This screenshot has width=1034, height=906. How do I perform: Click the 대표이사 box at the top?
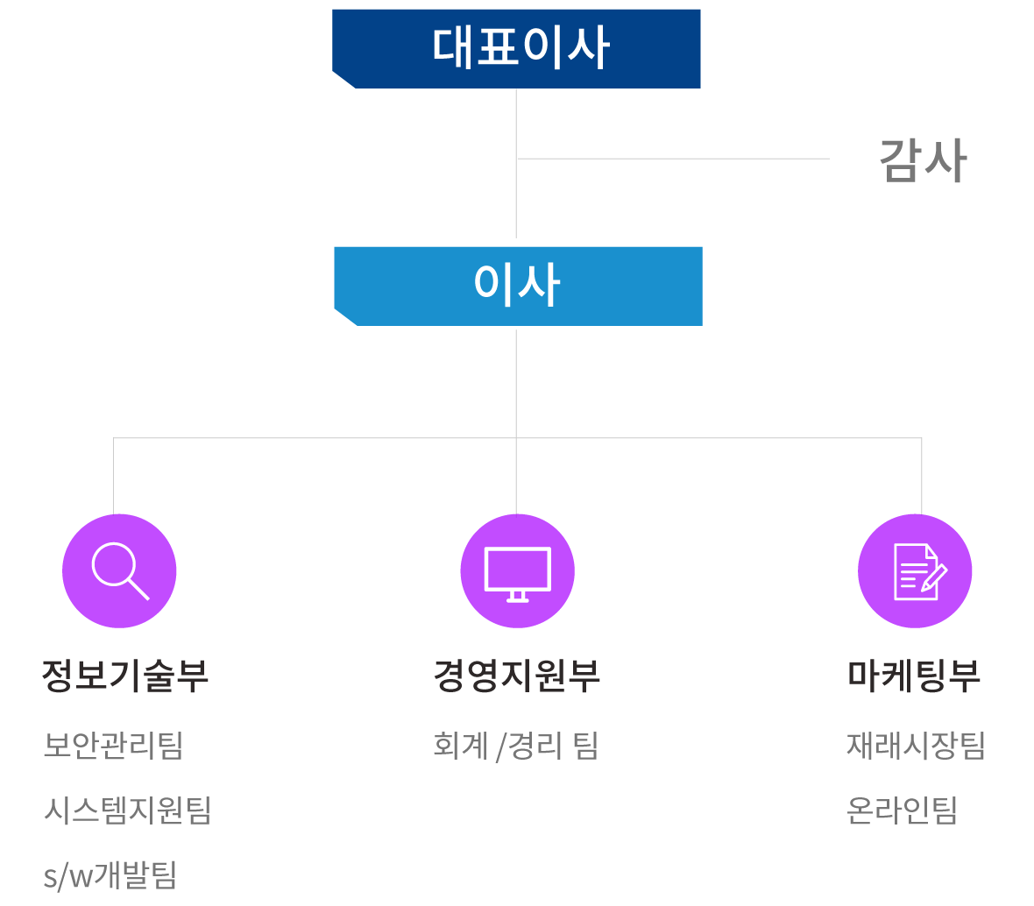point(517,48)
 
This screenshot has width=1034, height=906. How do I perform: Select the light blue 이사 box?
point(518,286)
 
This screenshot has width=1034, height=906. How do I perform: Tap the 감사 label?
point(922,160)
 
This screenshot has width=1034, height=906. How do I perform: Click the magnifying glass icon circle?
point(119,571)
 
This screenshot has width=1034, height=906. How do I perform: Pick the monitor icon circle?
point(517,571)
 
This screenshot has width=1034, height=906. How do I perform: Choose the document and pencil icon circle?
point(915,571)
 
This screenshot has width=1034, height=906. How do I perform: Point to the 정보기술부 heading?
point(125,676)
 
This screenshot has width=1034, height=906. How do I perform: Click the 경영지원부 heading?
point(517,676)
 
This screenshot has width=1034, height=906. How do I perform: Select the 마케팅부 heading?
point(914,676)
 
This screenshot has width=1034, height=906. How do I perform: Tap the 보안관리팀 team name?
point(113,746)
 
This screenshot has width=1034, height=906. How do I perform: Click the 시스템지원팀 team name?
point(127,810)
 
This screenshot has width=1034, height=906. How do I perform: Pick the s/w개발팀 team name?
point(110,874)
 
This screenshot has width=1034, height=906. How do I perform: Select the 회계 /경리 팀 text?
point(515,746)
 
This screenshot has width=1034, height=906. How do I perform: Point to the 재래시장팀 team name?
point(916,746)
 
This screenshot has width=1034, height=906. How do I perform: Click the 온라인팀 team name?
point(902,810)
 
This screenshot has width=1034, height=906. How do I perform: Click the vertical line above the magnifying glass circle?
point(114,476)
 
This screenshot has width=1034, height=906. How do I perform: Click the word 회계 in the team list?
point(460,746)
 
